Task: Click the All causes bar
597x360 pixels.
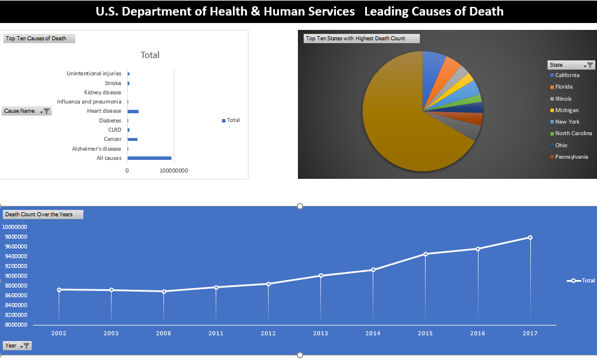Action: (149, 158)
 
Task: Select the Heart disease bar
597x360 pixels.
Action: (133, 111)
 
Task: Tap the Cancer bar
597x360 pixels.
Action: (132, 139)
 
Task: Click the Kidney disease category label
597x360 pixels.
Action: (102, 93)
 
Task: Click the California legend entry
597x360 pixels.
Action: (567, 75)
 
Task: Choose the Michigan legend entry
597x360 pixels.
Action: (567, 110)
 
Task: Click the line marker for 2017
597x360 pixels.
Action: (530, 238)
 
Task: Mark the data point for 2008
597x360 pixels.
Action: (164, 292)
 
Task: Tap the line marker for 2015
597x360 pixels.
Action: (426, 254)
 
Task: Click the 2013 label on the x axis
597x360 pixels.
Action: (320, 333)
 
